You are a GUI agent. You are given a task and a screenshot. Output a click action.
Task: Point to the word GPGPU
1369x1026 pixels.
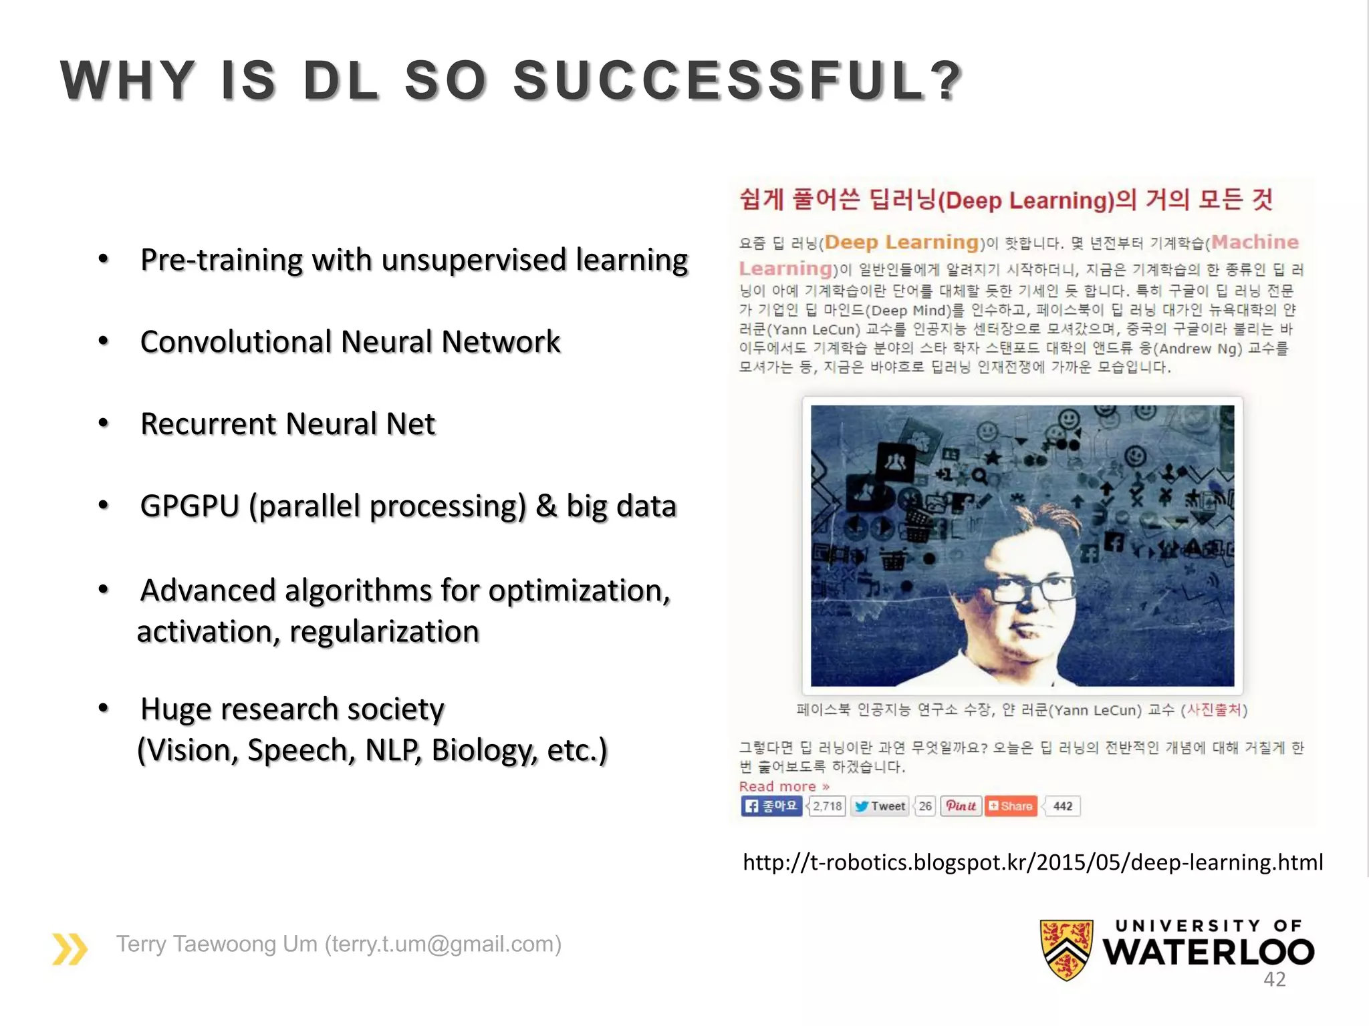[189, 506]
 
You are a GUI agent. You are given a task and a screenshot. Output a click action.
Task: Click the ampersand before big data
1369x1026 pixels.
[546, 506]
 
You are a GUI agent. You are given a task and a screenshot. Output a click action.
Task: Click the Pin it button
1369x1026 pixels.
[961, 806]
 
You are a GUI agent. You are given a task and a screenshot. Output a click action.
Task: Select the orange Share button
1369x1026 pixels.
[1011, 806]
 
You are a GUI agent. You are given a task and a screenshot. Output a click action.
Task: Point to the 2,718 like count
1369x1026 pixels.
[828, 806]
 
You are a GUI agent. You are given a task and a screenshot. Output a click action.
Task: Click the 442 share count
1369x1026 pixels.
[1062, 806]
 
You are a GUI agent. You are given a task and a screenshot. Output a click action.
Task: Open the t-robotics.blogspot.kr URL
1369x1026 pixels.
[1033, 862]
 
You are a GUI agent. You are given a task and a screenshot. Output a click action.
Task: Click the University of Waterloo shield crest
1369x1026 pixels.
[1066, 949]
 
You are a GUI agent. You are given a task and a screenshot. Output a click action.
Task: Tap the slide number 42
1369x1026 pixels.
[1274, 979]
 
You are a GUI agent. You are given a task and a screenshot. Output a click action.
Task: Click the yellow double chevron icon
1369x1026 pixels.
[70, 949]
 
